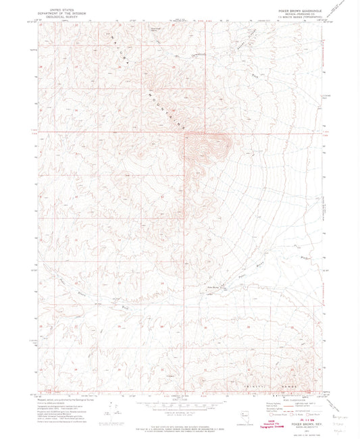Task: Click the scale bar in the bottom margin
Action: pyautogui.click(x=179, y=405)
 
